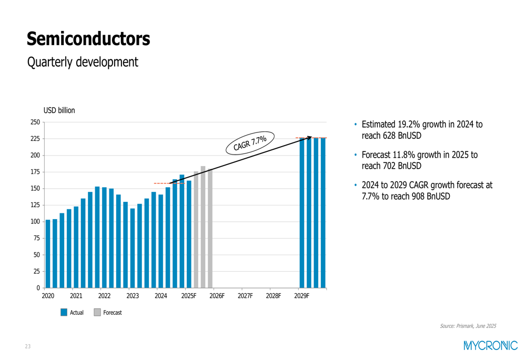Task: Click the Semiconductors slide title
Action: [88, 38]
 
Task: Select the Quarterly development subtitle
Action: [83, 62]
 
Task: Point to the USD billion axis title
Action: [59, 110]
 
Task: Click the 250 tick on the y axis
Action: [35, 122]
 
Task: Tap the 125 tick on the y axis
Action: [35, 205]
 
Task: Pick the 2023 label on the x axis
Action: [133, 296]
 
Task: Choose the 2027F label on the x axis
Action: [245, 296]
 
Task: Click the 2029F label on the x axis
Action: [301, 296]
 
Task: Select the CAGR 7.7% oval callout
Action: [250, 142]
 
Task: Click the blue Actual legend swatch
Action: [64, 312]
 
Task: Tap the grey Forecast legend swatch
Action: [97, 312]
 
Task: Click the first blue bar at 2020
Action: [48, 254]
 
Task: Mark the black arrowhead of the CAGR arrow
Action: [310, 138]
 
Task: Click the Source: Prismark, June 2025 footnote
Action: [468, 326]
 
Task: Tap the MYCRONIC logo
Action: [490, 345]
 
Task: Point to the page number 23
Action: [27, 346]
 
